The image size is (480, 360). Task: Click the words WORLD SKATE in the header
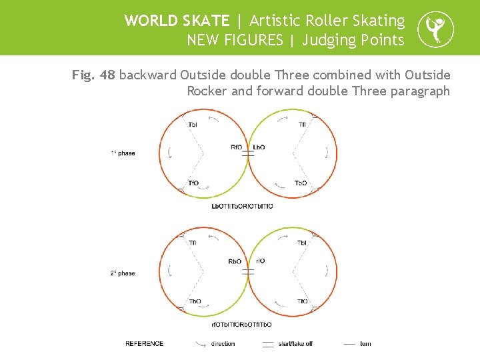[177, 21]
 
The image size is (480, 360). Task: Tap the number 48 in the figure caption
[107, 75]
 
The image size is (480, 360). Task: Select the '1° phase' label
[123, 153]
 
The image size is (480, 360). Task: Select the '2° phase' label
[123, 273]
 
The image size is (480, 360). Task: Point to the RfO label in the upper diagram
[237, 147]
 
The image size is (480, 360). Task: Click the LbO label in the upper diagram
[259, 147]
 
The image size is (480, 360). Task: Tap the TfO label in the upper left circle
[193, 183]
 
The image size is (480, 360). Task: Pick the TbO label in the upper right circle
[301, 183]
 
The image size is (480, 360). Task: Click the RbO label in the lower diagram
[235, 261]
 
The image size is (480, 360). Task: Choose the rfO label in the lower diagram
[260, 261]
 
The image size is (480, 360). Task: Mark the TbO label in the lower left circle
[195, 301]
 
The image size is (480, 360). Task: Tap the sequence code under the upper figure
[242, 206]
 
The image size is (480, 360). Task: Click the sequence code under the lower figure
[241, 325]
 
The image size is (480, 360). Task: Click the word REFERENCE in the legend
[145, 344]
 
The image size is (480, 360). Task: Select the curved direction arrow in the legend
[201, 344]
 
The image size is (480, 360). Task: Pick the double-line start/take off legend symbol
[268, 344]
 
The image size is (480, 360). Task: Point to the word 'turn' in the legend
[365, 344]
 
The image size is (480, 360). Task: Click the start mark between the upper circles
[248, 154]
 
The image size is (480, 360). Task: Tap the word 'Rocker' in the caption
[207, 91]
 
